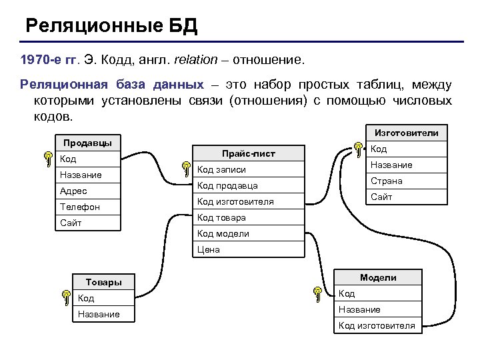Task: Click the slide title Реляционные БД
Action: tap(111, 27)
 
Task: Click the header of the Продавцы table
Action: tap(87, 143)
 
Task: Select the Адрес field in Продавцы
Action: tap(74, 191)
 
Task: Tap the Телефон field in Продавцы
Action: tap(79, 207)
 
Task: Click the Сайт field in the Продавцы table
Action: tap(71, 223)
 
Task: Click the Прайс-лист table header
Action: tap(248, 153)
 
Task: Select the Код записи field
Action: tap(222, 169)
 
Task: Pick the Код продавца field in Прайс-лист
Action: tap(227, 185)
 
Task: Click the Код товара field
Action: tap(221, 217)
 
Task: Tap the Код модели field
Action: tap(223, 233)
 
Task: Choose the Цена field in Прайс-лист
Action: tap(209, 249)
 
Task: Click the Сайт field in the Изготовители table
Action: tap(381, 197)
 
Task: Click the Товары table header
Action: tap(103, 282)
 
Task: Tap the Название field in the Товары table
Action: tap(99, 314)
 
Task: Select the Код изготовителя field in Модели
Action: tap(377, 325)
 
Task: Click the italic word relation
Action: tap(196, 60)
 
